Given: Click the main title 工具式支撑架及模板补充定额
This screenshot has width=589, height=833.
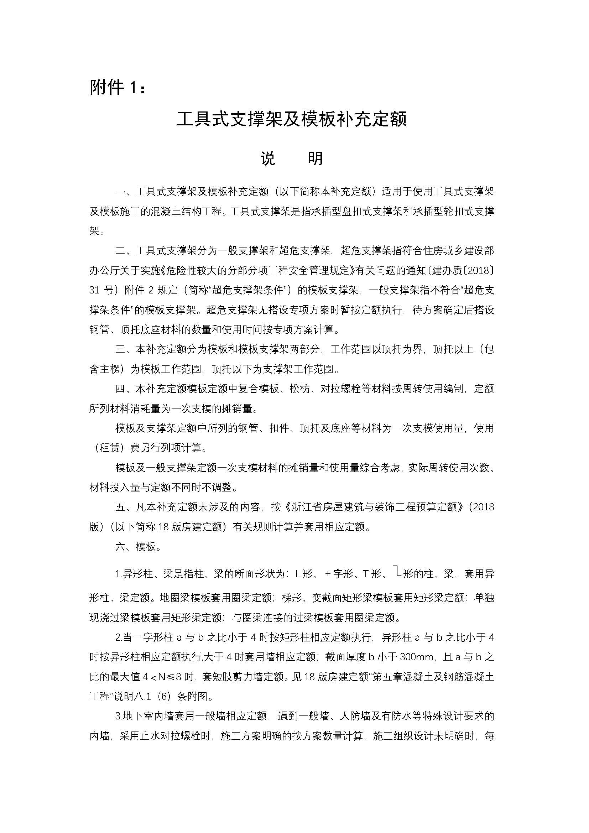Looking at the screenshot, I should coord(292,119).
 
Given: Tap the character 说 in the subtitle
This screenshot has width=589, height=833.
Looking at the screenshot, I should coord(268,158).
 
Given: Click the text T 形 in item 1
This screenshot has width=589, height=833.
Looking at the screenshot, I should coord(371,574).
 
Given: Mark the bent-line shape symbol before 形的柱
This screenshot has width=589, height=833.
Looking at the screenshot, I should coord(397,572).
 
